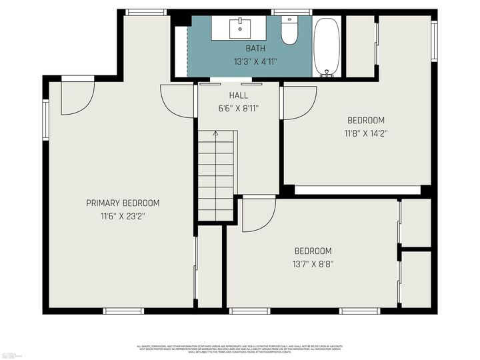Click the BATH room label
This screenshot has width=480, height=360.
click(x=255, y=49)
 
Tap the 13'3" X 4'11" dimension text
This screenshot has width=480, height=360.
click(x=255, y=61)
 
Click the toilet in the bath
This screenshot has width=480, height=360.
click(x=289, y=31)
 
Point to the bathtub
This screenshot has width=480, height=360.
click(x=326, y=47)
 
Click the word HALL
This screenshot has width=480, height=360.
click(x=238, y=95)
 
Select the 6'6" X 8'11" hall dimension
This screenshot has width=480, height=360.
click(x=238, y=108)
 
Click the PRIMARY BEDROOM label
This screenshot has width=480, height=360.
click(x=123, y=203)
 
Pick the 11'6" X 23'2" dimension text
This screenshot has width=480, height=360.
click(x=123, y=216)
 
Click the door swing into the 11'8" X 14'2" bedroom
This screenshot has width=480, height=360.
click(x=298, y=103)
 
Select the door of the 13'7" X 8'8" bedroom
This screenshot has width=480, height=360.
click(x=259, y=214)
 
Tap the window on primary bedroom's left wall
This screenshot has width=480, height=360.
click(x=45, y=120)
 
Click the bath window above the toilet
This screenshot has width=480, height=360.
click(x=291, y=12)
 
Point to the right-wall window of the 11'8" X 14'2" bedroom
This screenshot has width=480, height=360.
click(x=433, y=40)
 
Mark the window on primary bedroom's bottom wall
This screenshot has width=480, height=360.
click(x=123, y=311)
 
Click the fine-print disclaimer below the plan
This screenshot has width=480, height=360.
click(x=239, y=348)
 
